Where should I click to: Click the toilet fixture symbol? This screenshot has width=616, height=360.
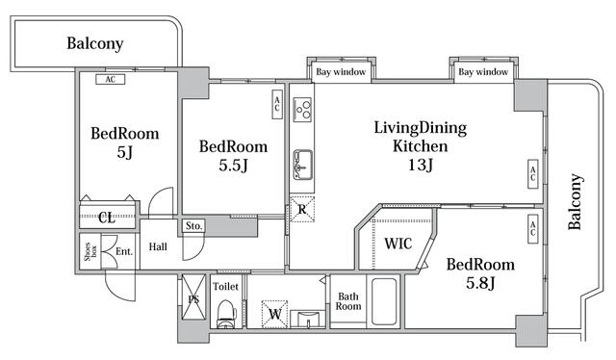227,314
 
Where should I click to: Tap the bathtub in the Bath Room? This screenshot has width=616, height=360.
384,302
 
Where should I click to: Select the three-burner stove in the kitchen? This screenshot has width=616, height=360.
302,108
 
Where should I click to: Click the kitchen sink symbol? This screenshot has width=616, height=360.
302,165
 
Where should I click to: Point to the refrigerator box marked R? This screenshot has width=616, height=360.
302,209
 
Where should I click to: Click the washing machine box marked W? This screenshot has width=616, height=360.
274,314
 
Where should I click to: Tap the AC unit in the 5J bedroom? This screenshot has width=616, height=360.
111,79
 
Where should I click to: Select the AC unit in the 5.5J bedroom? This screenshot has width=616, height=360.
277,104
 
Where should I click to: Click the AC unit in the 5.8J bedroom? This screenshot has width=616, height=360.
532,229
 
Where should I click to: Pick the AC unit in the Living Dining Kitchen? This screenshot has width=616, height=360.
532,173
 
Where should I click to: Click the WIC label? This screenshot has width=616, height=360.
398,244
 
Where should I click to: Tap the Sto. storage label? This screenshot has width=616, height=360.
193,226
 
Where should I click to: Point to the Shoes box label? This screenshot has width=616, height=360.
90,251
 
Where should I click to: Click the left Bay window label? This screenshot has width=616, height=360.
341,72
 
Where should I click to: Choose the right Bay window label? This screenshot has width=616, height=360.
483,72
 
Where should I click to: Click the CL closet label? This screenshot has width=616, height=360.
107,217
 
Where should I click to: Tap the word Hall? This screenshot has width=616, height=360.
158,246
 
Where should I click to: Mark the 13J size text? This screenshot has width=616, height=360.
421,165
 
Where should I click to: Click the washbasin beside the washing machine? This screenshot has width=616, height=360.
308,319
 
